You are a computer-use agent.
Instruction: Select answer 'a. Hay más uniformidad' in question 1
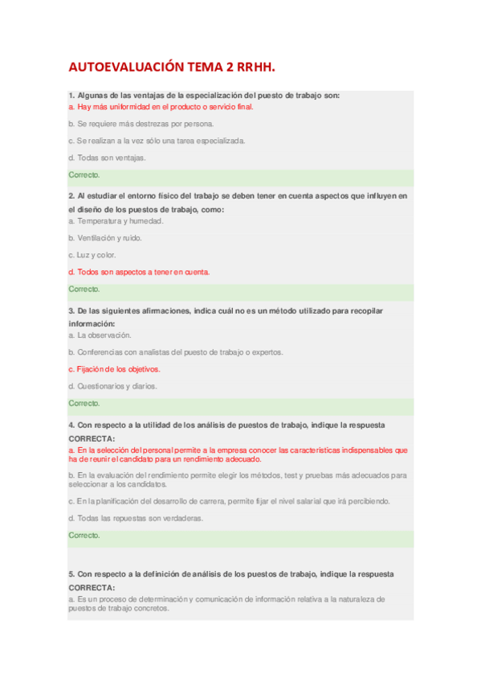point(161,106)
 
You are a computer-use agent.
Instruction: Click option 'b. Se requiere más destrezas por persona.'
point(141,124)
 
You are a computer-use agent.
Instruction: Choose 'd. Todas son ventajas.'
point(108,158)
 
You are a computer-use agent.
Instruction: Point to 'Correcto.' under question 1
point(84,175)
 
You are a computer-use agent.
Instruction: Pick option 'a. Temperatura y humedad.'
point(116,220)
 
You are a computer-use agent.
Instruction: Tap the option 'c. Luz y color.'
point(92,255)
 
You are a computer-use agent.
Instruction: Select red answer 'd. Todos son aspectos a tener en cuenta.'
point(139,272)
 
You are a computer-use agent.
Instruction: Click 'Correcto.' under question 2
point(84,289)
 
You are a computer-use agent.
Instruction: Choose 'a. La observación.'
point(100,335)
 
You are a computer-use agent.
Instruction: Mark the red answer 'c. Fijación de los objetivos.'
point(114,369)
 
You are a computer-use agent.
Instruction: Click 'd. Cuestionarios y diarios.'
point(112,386)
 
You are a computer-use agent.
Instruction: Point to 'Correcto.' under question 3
point(84,403)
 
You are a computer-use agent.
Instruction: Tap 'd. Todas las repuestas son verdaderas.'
point(136,518)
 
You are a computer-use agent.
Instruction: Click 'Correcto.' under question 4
point(84,535)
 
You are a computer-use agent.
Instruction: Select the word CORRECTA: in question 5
point(92,587)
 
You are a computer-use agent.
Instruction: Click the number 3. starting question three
point(71,310)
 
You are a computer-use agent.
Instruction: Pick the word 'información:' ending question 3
point(92,323)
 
